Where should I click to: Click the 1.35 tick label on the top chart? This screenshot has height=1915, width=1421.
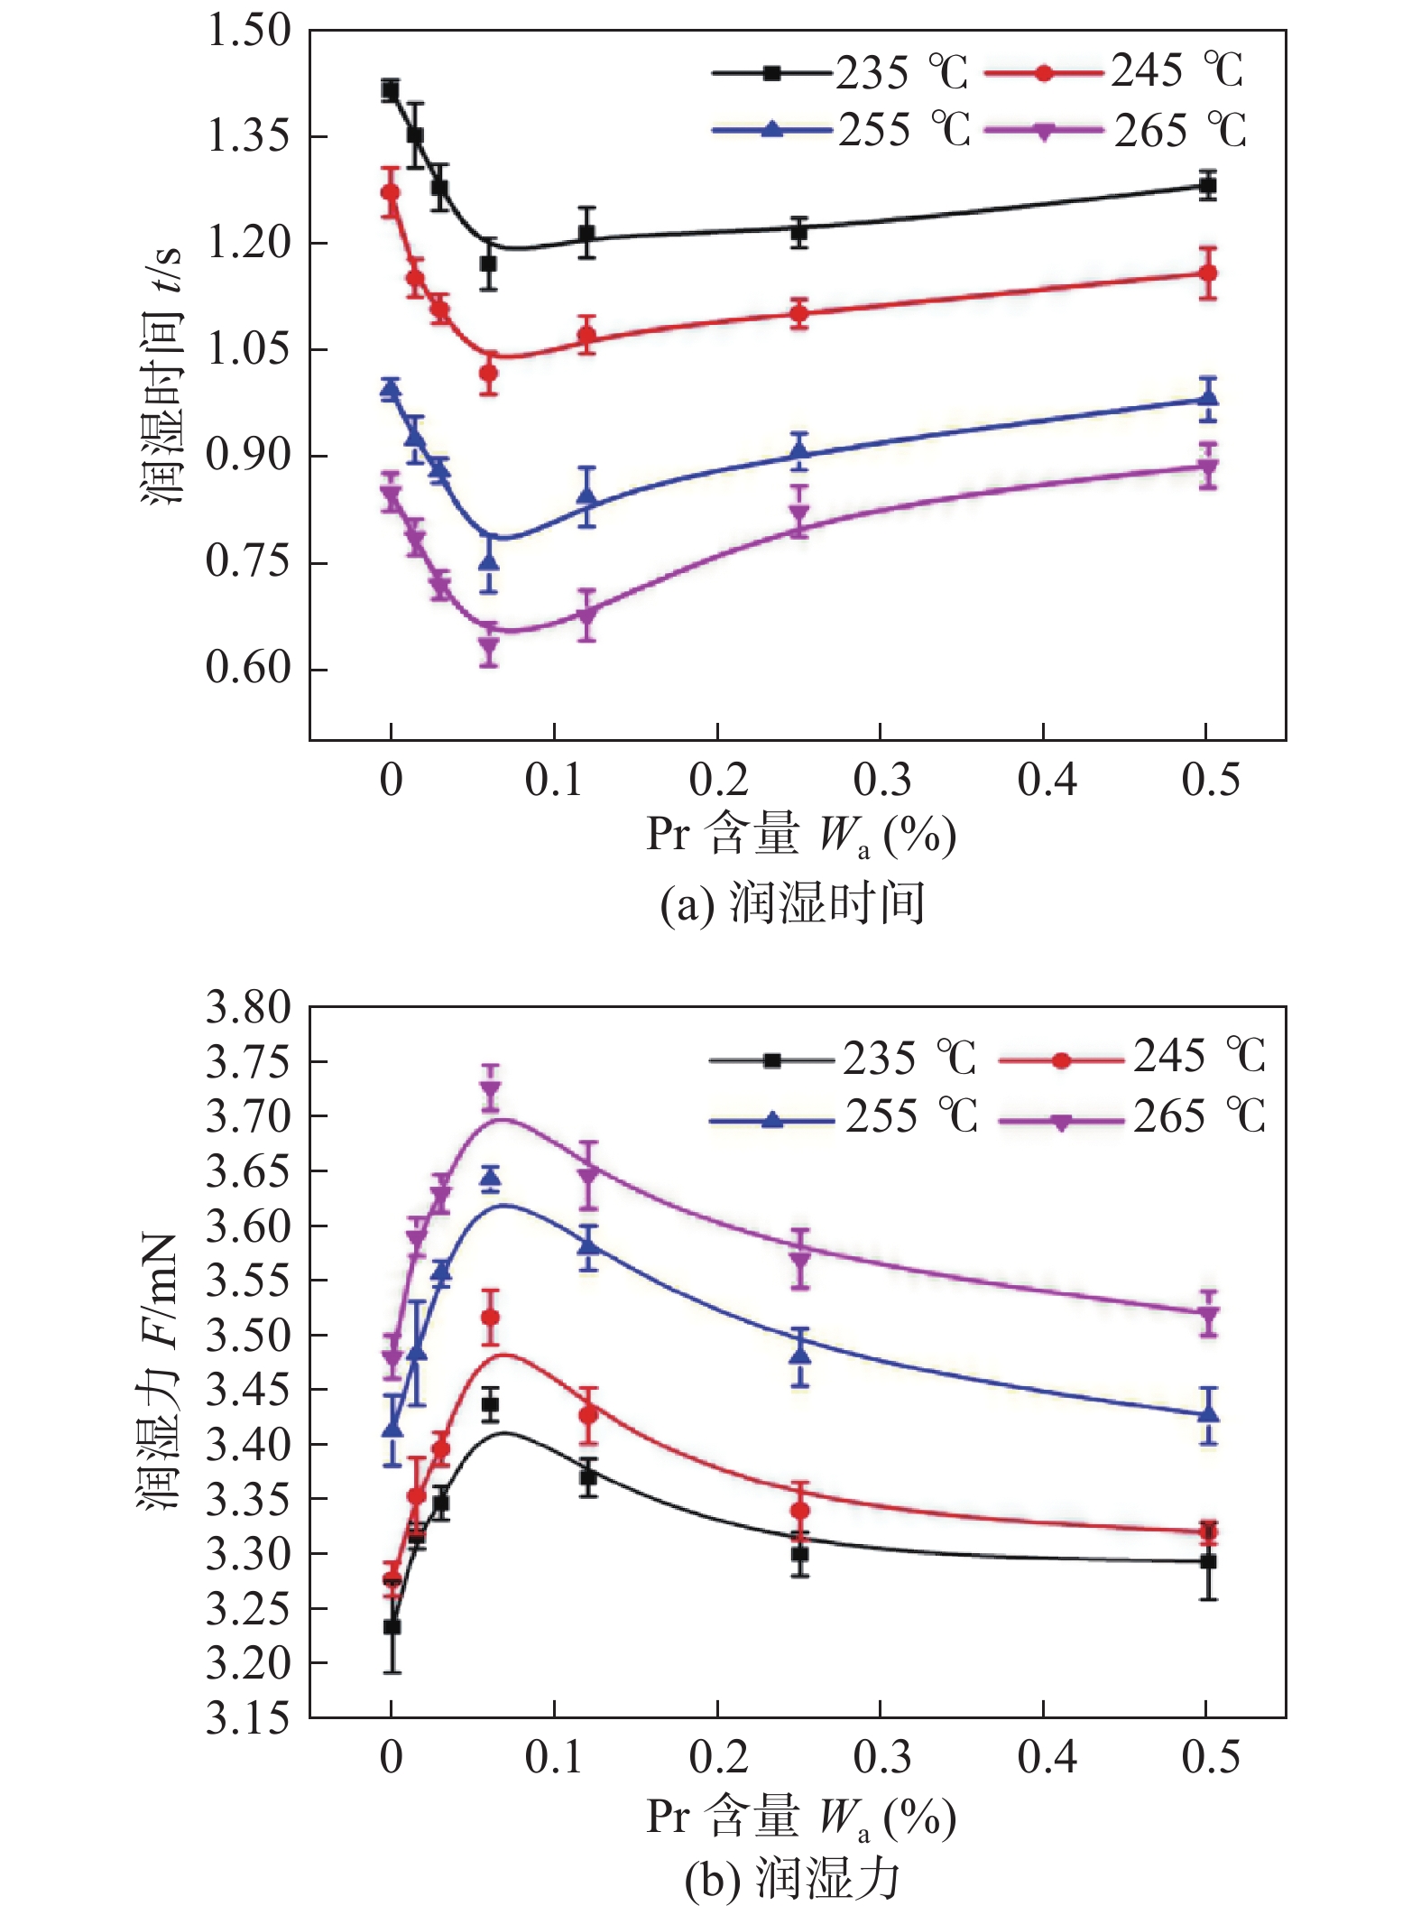point(248,136)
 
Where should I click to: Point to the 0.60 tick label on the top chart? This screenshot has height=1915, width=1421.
point(248,668)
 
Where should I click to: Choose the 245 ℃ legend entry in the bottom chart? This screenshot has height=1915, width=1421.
point(1132,1057)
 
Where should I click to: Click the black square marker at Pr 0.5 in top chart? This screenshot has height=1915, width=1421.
point(1207,186)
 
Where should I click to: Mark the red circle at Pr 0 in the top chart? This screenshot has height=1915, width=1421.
point(391,192)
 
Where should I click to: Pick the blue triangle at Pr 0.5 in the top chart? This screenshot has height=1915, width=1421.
point(1208,398)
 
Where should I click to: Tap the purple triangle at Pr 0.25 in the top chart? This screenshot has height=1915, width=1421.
point(798,514)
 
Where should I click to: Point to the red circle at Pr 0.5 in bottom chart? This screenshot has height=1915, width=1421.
point(1208,1531)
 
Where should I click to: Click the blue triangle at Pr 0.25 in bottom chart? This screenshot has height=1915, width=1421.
point(799,1354)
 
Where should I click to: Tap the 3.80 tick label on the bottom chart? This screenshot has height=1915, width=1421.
point(248,1007)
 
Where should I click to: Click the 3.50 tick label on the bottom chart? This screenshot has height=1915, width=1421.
point(248,1335)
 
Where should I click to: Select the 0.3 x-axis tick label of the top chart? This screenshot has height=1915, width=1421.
point(881,780)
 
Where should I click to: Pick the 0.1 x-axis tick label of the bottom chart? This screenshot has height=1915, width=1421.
point(554,1756)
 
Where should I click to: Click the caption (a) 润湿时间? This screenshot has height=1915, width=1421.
point(791,903)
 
